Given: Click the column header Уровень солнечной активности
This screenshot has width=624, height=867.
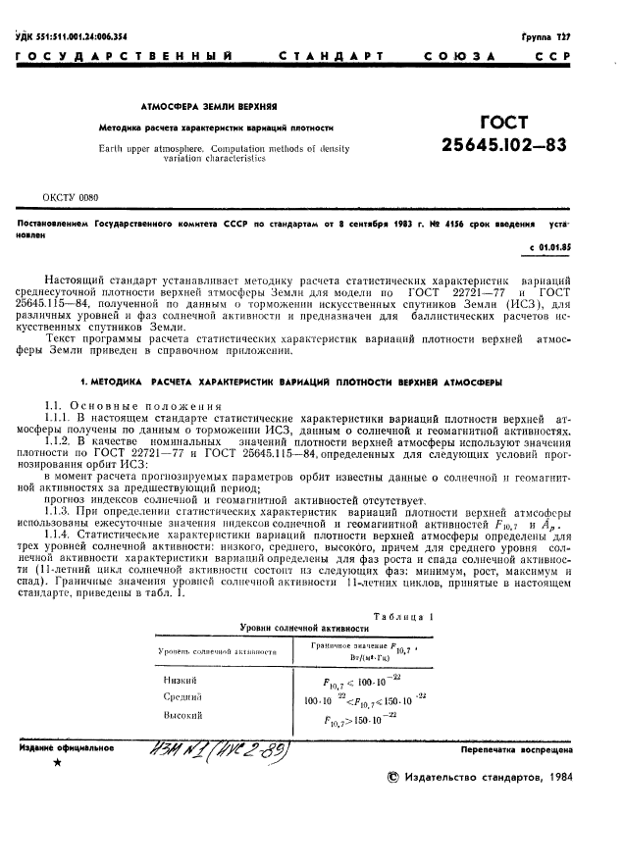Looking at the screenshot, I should point(209,649).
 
